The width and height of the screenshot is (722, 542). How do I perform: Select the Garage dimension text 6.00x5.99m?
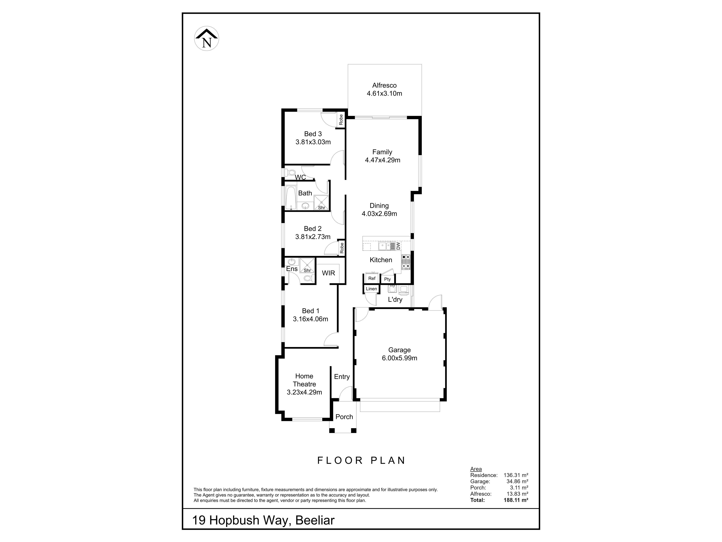click(x=400, y=358)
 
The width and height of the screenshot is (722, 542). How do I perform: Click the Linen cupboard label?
click(x=372, y=289)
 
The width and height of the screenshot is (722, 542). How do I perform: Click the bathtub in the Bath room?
click(x=290, y=198)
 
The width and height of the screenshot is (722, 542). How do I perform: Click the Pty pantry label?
click(x=388, y=279)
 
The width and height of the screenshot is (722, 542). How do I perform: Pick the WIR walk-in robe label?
click(x=328, y=273)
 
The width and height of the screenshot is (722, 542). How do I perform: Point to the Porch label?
click(x=344, y=417)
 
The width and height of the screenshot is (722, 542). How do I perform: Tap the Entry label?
click(x=342, y=377)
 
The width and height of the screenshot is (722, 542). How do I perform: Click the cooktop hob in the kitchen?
click(x=406, y=262)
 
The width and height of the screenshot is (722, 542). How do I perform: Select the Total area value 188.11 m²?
click(x=516, y=500)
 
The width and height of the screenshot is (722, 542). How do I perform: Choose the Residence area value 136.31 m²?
click(x=516, y=475)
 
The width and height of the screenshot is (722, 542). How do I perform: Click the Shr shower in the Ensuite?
click(x=307, y=265)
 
